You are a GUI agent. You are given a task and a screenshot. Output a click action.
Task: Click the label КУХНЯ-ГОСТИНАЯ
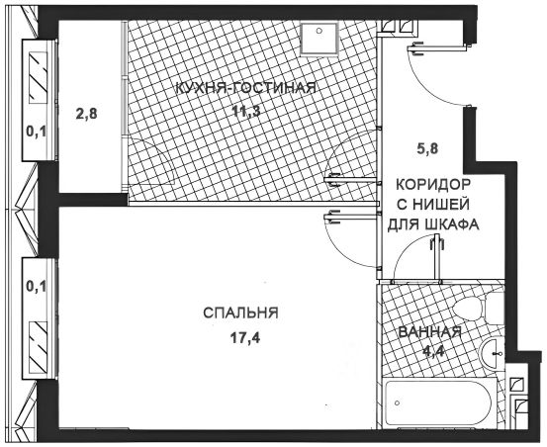pyautogui.click(x=245, y=88)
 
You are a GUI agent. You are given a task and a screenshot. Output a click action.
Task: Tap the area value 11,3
pyautogui.click(x=247, y=112)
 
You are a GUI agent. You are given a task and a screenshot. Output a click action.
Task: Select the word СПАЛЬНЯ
pyautogui.click(x=240, y=313)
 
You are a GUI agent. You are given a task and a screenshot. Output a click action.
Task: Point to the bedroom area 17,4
pyautogui.click(x=245, y=337)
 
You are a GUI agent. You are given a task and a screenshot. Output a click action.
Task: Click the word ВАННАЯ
pyautogui.click(x=429, y=332)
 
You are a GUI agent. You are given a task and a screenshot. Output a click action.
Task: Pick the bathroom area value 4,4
pyautogui.click(x=433, y=351)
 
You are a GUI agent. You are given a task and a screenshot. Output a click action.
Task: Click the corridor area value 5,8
pyautogui.click(x=426, y=149)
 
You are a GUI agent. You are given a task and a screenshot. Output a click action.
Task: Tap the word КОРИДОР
pyautogui.click(x=433, y=185)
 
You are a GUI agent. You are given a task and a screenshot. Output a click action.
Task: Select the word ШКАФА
pyautogui.click(x=450, y=224)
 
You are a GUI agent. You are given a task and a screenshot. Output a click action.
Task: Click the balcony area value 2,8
pyautogui.click(x=86, y=114)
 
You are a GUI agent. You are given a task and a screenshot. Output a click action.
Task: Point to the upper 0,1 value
pyautogui.click(x=37, y=133)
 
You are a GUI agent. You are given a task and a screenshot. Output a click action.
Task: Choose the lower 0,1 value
pyautogui.click(x=37, y=287)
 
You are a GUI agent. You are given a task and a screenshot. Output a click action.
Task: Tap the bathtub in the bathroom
pyautogui.click(x=439, y=402)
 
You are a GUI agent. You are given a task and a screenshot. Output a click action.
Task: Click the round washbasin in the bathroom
pyautogui.click(x=492, y=353)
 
